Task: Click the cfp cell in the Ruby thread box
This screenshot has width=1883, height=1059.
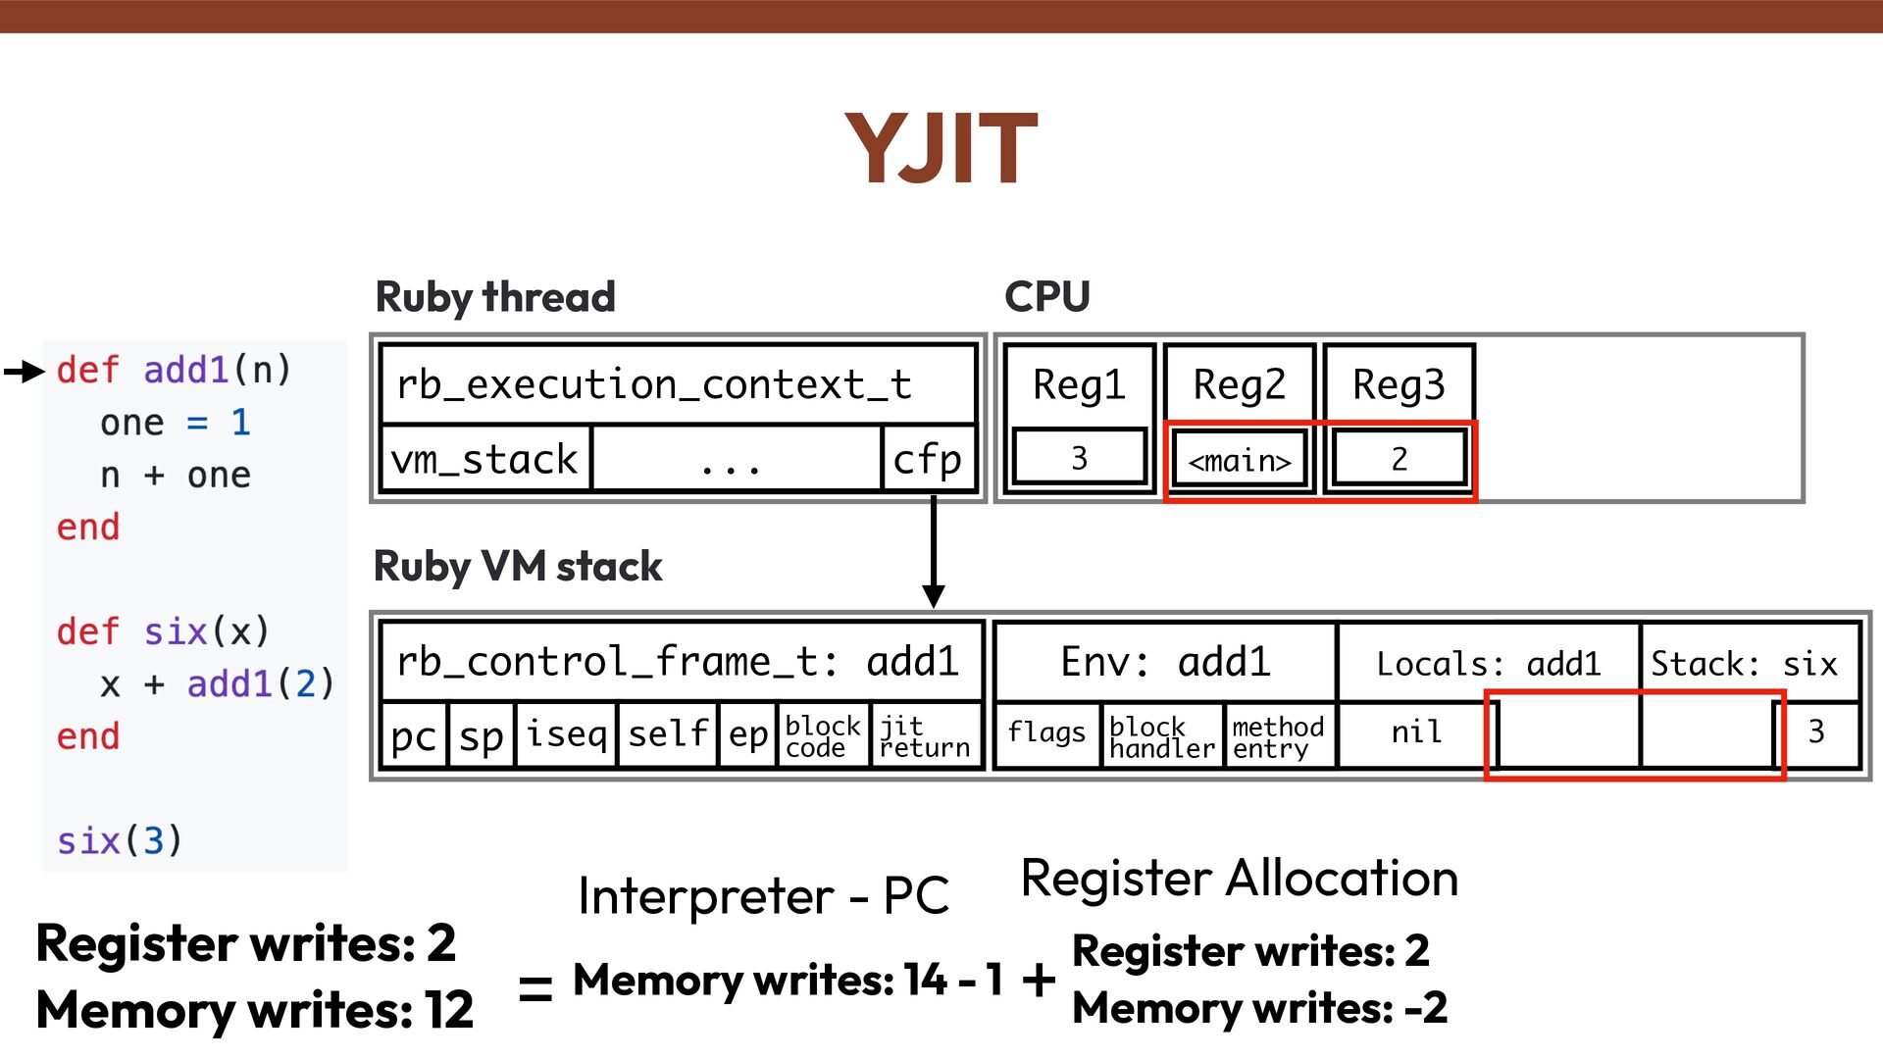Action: click(x=927, y=459)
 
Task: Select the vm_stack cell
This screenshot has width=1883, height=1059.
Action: click(x=484, y=459)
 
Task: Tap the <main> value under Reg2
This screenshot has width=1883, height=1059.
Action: click(x=1240, y=459)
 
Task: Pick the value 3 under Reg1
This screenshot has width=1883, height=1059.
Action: click(x=1079, y=458)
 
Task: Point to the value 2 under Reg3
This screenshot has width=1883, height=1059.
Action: click(x=1399, y=458)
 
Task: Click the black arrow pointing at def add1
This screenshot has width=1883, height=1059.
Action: click(x=25, y=371)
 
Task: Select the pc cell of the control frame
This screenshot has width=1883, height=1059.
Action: click(x=413, y=734)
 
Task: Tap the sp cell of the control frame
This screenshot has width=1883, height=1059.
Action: click(x=481, y=734)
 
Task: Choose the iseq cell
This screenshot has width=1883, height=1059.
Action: click(x=566, y=733)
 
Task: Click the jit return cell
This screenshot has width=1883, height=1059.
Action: click(x=924, y=735)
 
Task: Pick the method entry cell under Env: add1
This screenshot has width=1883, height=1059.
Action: click(x=1277, y=736)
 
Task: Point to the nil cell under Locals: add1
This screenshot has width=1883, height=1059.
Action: click(x=1415, y=731)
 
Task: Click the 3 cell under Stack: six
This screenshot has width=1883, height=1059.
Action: click(x=1815, y=731)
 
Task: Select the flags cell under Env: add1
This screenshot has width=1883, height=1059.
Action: click(x=1046, y=732)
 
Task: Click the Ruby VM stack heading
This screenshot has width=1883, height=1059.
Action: click(x=518, y=567)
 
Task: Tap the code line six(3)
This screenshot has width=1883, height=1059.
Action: click(x=119, y=840)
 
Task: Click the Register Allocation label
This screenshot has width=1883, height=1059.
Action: click(x=1239, y=878)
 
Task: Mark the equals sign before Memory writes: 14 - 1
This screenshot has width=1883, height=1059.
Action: click(x=535, y=985)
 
